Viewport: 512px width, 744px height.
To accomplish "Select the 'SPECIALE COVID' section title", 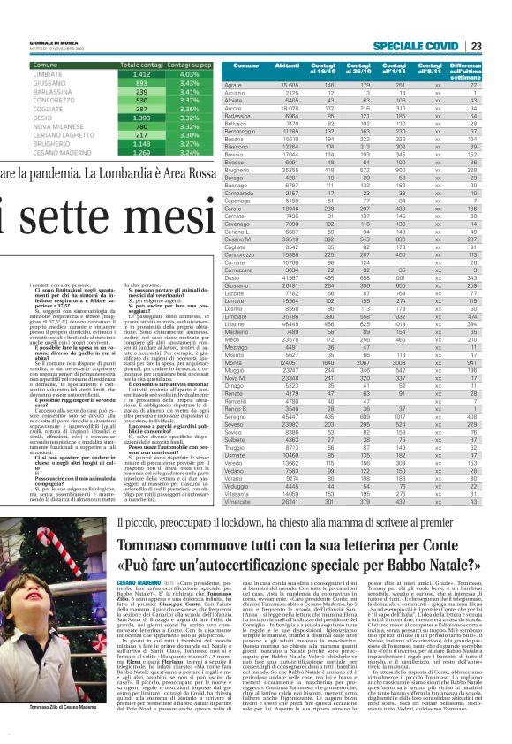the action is coord(414,46).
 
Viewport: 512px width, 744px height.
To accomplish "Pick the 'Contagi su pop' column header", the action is coord(181,65).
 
